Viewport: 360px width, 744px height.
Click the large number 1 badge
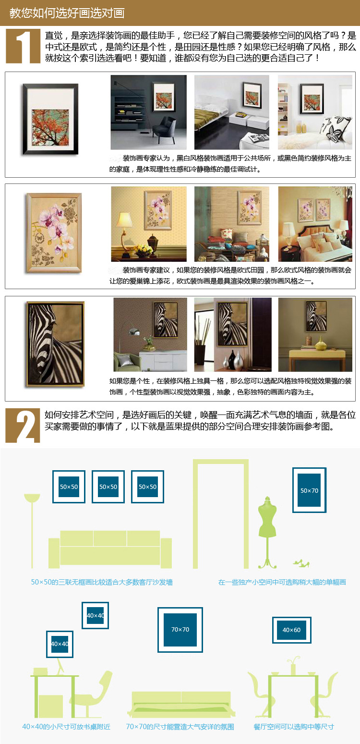point(23,46)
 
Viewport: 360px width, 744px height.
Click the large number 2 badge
point(23,426)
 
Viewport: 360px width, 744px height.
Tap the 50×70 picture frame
point(309,490)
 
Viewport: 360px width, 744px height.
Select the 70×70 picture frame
point(180,630)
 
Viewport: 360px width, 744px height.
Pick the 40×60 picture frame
point(292,630)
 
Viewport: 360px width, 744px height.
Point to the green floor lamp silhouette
point(32,530)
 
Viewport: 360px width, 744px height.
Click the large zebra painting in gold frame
point(55,344)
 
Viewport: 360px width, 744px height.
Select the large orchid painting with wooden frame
point(54,233)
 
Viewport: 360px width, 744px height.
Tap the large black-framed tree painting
point(50,119)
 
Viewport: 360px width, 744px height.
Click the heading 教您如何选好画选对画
point(67,13)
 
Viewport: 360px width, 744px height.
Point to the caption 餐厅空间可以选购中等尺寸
point(294,727)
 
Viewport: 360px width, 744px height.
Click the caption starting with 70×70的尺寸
point(180,727)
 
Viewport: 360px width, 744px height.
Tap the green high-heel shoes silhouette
point(301,562)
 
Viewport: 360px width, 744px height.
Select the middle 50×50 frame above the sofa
point(108,487)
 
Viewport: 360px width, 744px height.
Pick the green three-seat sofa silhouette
point(110,549)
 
